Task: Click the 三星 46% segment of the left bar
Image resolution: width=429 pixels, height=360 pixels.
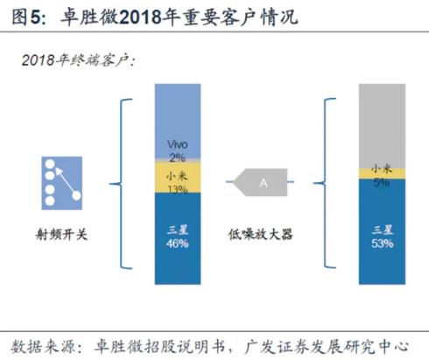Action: [178, 238]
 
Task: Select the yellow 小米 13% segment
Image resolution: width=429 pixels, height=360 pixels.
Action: [178, 177]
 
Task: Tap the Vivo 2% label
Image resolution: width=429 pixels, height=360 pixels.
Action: [178, 151]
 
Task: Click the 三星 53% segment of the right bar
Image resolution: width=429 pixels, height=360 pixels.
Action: [382, 231]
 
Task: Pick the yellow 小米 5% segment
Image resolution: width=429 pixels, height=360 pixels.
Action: [382, 173]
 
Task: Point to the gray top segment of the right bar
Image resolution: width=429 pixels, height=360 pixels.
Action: [382, 126]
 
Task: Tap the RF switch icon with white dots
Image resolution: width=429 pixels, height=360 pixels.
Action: [62, 183]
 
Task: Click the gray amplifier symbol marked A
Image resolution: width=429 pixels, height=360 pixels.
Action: [260, 182]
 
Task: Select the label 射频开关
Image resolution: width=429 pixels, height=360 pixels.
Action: [61, 234]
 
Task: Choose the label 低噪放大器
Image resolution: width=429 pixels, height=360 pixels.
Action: [260, 234]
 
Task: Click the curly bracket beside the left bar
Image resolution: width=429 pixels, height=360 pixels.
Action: [121, 184]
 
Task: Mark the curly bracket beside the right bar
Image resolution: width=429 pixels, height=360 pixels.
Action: [325, 183]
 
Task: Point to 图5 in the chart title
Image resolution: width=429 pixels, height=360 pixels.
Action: [28, 17]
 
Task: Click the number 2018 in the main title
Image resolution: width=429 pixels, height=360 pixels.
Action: [140, 17]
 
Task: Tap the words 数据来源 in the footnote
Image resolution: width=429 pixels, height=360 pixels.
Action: [44, 346]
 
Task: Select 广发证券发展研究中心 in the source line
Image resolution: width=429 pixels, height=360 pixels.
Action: [327, 346]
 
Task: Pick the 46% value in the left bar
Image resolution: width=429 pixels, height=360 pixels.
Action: [178, 244]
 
